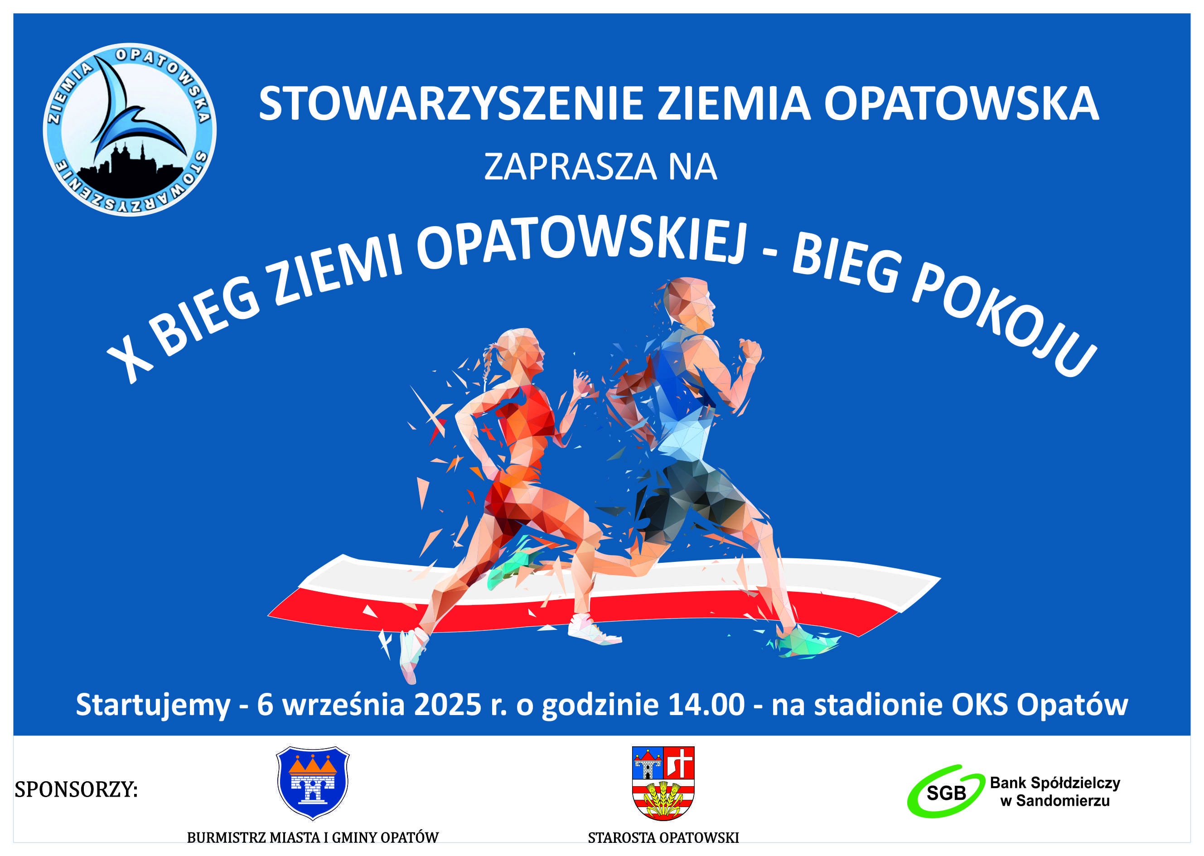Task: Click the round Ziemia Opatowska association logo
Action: coord(129,130)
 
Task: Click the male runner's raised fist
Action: coord(749,351)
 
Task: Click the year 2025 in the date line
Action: coord(448,705)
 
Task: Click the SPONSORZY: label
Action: coord(76,789)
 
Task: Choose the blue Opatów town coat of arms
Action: coord(313,782)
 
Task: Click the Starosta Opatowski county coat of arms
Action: coord(663,783)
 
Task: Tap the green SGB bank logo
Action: coord(946,791)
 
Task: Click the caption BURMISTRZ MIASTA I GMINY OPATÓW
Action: coord(313,837)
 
